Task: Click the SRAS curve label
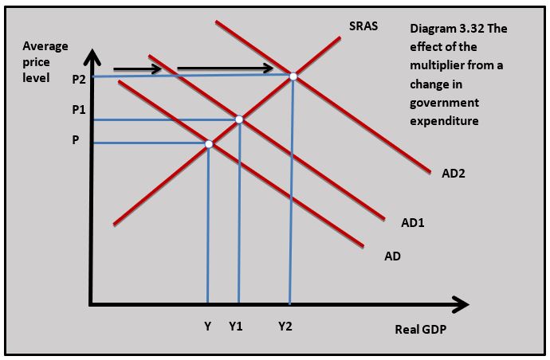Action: coord(363,26)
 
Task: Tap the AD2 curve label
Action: coord(454,173)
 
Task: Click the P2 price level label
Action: coord(77,79)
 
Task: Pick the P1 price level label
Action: coord(77,110)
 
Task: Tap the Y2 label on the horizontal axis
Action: coord(285,327)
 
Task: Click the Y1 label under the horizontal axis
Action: coord(235,327)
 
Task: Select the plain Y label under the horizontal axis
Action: coord(207,327)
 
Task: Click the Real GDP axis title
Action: coord(420,330)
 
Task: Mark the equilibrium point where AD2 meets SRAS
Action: coord(293,76)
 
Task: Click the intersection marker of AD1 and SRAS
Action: coord(238,119)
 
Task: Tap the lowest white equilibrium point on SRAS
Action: coord(209,144)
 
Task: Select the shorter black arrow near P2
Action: coord(137,69)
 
